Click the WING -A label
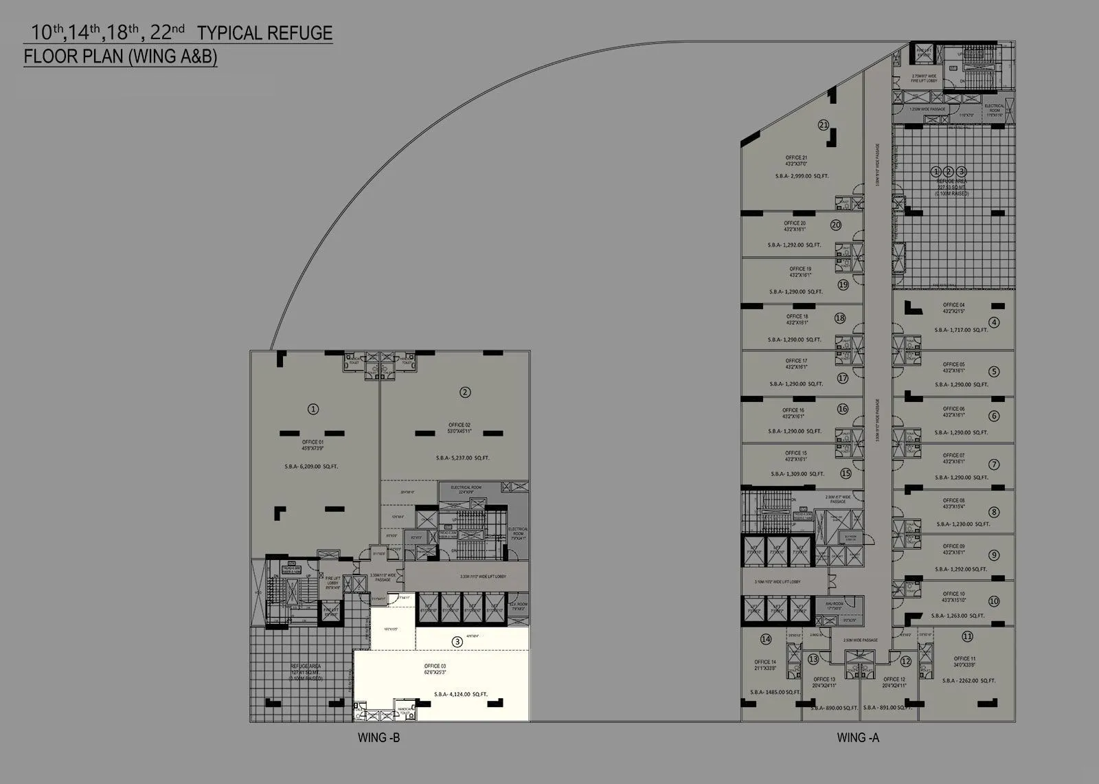(858, 738)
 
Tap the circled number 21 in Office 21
(824, 125)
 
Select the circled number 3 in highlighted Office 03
(457, 642)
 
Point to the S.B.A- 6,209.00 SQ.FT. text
(311, 467)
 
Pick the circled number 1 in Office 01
(313, 409)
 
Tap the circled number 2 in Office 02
(465, 392)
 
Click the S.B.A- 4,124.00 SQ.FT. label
(461, 694)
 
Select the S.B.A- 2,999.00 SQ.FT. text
(799, 177)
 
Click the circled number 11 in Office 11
(967, 636)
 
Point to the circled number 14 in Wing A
(766, 640)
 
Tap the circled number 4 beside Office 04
(994, 322)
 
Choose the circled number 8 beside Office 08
(994, 512)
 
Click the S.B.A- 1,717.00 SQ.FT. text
(961, 330)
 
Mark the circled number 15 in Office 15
(846, 473)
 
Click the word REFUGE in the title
(302, 33)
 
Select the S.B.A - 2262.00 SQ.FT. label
(969, 680)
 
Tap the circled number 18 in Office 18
(839, 318)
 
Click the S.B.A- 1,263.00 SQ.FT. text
(960, 616)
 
